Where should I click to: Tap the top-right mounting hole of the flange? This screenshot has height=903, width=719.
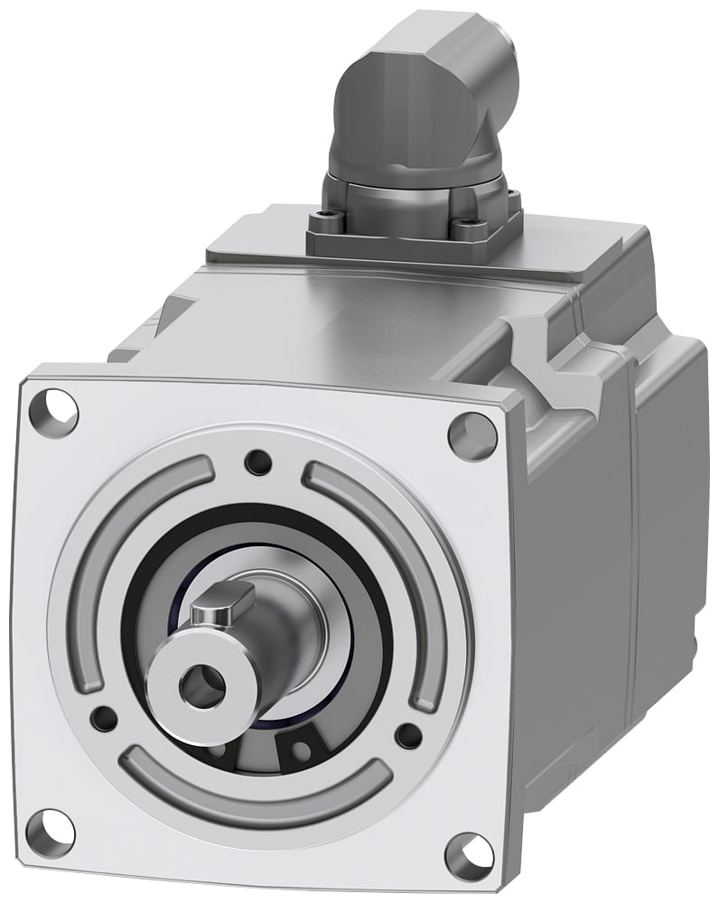coord(472,435)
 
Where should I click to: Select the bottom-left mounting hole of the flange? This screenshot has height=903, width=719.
coord(51,833)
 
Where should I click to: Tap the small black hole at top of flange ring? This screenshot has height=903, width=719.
coord(258,462)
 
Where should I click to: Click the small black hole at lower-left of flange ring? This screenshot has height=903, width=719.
coord(105,719)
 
